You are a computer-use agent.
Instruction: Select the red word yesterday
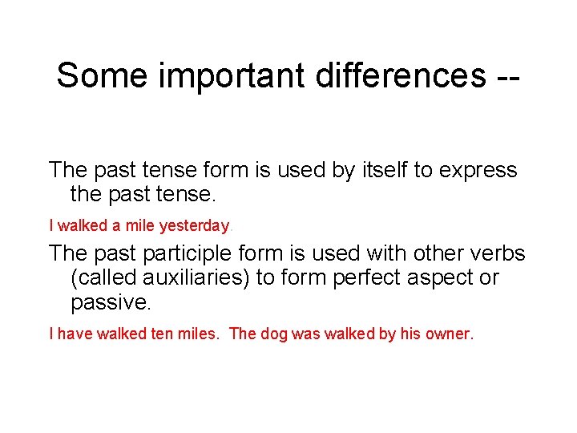[195, 226]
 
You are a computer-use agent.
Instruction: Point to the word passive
[111, 303]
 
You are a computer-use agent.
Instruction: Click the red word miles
[196, 334]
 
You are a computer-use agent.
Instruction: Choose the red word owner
[452, 334]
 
